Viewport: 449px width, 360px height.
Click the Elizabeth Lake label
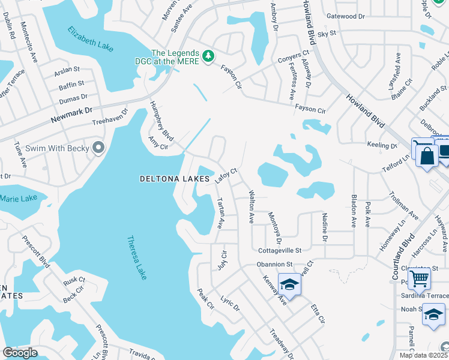click(90, 38)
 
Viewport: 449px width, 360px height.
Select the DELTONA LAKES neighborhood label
click(175, 179)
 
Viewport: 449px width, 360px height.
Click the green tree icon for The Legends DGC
click(208, 56)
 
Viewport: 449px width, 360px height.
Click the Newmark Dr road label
click(72, 111)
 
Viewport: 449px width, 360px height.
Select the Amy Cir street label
click(158, 142)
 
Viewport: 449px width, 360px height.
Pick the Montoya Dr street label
click(274, 224)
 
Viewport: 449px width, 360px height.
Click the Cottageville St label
click(280, 250)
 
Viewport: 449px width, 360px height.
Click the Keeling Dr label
click(382, 145)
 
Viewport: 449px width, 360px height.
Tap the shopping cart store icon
click(419, 277)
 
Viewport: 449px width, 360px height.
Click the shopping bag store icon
click(427, 157)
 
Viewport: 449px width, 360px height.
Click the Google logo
click(20, 353)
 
